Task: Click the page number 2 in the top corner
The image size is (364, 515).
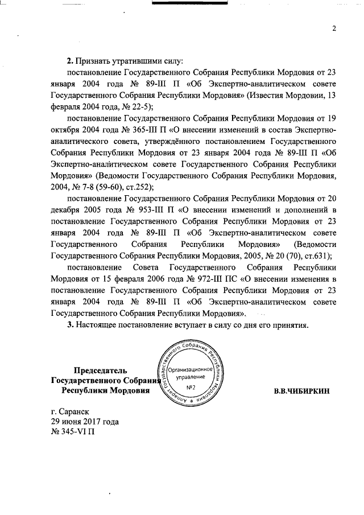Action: (x=334, y=29)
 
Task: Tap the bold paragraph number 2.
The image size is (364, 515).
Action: (x=69, y=61)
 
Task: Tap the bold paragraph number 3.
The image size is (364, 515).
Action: (x=69, y=326)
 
